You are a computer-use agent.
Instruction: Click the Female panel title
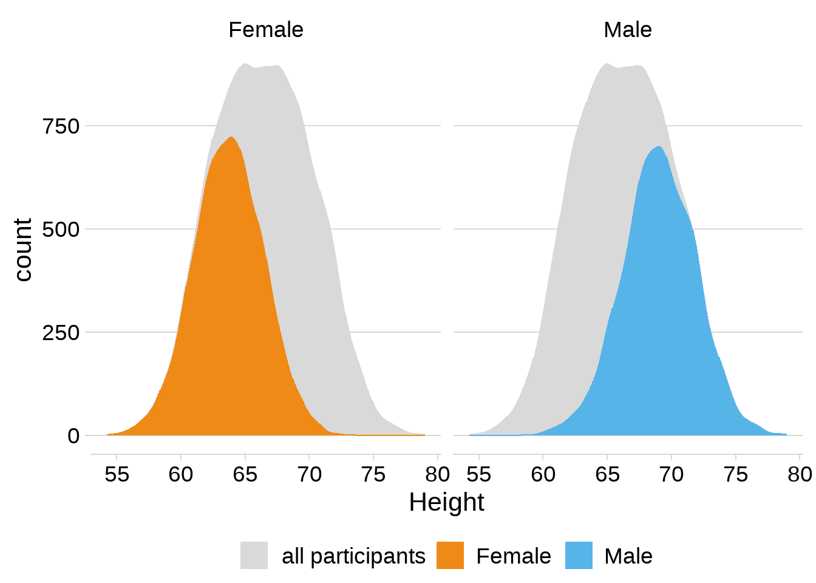[266, 30]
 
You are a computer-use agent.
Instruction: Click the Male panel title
[628, 30]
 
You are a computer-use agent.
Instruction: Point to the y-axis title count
[23, 250]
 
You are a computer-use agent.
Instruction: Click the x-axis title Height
[446, 502]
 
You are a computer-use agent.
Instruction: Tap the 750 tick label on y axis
[61, 126]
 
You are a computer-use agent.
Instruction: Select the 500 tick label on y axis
[61, 230]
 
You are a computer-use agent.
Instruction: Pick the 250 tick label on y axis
[61, 333]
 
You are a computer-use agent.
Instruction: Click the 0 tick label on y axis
[73, 436]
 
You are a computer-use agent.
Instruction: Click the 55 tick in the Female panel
[117, 474]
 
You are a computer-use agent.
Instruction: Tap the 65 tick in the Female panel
[245, 474]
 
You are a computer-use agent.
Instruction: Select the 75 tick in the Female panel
[373, 474]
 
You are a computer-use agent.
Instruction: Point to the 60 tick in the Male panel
[543, 474]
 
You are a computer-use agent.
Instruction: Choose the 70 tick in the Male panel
[671, 474]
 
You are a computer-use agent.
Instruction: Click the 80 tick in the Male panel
[800, 474]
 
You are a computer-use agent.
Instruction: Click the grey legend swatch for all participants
[254, 556]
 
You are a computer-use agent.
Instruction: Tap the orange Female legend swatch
[450, 556]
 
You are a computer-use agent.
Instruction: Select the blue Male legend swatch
[579, 556]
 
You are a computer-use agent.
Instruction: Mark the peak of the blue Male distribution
[659, 147]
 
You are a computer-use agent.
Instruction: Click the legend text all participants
[353, 556]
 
